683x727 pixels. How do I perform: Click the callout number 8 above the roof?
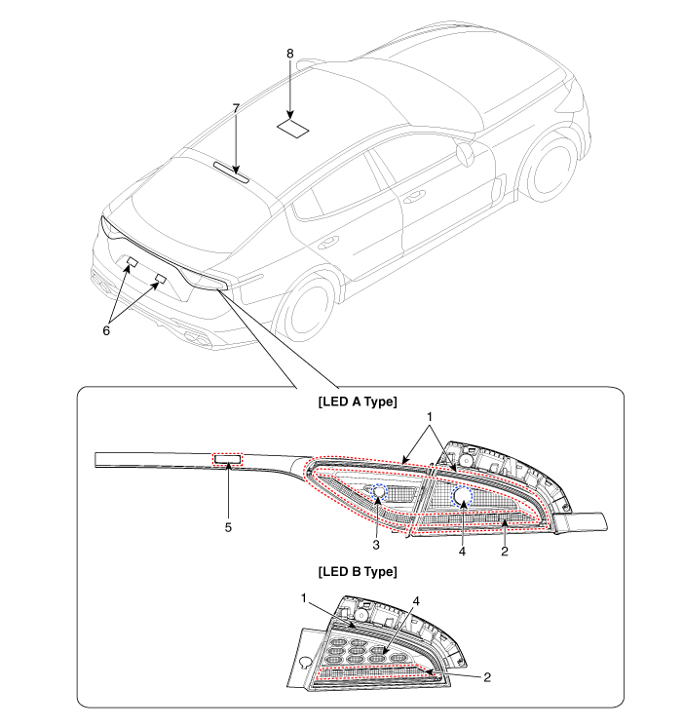pos(289,54)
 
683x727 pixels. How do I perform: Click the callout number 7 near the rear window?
pos(236,108)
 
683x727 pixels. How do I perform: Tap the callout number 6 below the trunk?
pos(106,330)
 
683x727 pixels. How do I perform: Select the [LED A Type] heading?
pos(358,402)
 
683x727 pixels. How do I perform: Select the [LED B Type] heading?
pos(358,571)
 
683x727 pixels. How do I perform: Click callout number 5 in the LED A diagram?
pos(228,527)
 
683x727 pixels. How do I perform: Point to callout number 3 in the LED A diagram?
pos(376,546)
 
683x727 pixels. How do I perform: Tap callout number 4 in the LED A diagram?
pos(462,552)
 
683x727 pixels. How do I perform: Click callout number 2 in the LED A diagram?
pos(505,552)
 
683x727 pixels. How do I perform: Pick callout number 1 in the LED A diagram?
pos(430,417)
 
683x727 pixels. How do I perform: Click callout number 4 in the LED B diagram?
pos(416,601)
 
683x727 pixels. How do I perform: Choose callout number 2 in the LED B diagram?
pos(487,677)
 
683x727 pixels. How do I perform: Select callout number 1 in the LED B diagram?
pos(304,598)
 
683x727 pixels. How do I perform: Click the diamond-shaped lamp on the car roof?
pos(293,129)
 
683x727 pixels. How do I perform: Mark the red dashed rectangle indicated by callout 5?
pos(227,459)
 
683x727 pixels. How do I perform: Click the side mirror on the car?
pos(465,154)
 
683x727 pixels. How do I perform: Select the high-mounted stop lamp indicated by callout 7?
pos(231,172)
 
